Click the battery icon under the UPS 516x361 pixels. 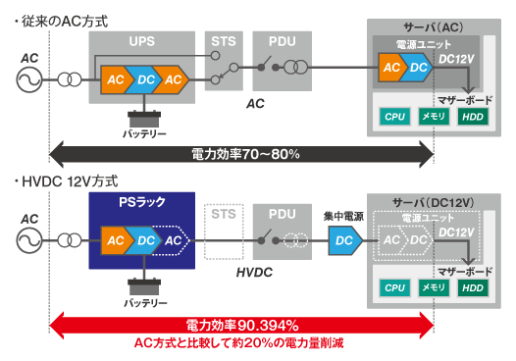tap(138, 112)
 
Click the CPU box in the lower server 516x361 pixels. tap(394, 287)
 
